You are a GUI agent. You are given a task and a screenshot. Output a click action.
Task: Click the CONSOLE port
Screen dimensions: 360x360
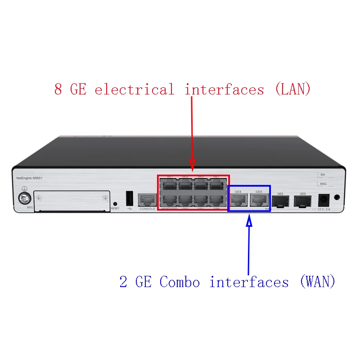tap(147, 200)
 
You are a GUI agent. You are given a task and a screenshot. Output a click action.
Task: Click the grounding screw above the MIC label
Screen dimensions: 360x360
tap(23, 198)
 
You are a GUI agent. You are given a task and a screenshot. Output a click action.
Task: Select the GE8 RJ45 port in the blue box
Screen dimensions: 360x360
tap(238, 201)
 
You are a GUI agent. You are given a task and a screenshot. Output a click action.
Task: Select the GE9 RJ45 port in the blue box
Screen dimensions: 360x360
tap(259, 201)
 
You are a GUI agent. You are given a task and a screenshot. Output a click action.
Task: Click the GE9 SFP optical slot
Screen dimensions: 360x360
tap(302, 202)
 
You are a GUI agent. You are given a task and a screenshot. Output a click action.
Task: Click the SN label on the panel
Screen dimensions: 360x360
tap(322, 174)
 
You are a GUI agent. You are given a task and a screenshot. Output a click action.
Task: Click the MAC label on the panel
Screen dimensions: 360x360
tap(323, 184)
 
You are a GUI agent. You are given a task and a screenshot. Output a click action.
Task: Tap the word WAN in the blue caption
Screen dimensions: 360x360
tap(317, 282)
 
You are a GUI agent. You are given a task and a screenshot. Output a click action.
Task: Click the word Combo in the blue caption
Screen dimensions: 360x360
tap(180, 282)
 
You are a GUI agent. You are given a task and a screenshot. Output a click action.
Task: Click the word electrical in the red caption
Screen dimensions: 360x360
tap(134, 89)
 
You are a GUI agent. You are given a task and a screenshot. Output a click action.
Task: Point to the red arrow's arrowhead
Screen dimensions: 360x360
tap(193, 166)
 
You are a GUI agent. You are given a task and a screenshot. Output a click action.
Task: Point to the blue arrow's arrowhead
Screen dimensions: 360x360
tap(249, 220)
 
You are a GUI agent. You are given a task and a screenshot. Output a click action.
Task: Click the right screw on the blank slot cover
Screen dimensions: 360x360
tap(105, 198)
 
